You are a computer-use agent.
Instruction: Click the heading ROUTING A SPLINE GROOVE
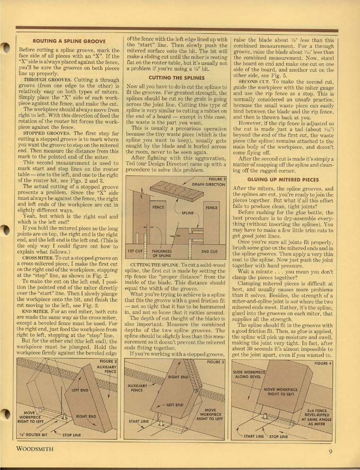click(69, 41)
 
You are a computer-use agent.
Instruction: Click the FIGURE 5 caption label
click(217, 179)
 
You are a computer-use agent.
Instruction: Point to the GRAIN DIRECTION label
click(208, 184)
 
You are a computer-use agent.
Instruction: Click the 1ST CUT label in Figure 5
click(135, 251)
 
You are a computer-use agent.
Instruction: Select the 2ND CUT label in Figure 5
click(209, 251)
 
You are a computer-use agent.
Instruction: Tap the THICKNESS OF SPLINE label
click(162, 253)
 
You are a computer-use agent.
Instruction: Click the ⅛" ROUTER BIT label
click(33, 434)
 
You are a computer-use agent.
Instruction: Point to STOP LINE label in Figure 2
click(72, 434)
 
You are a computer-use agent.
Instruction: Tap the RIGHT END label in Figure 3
click(179, 377)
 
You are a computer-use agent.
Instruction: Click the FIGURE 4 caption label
click(323, 363)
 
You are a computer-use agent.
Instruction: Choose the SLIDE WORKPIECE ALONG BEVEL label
click(249, 374)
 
